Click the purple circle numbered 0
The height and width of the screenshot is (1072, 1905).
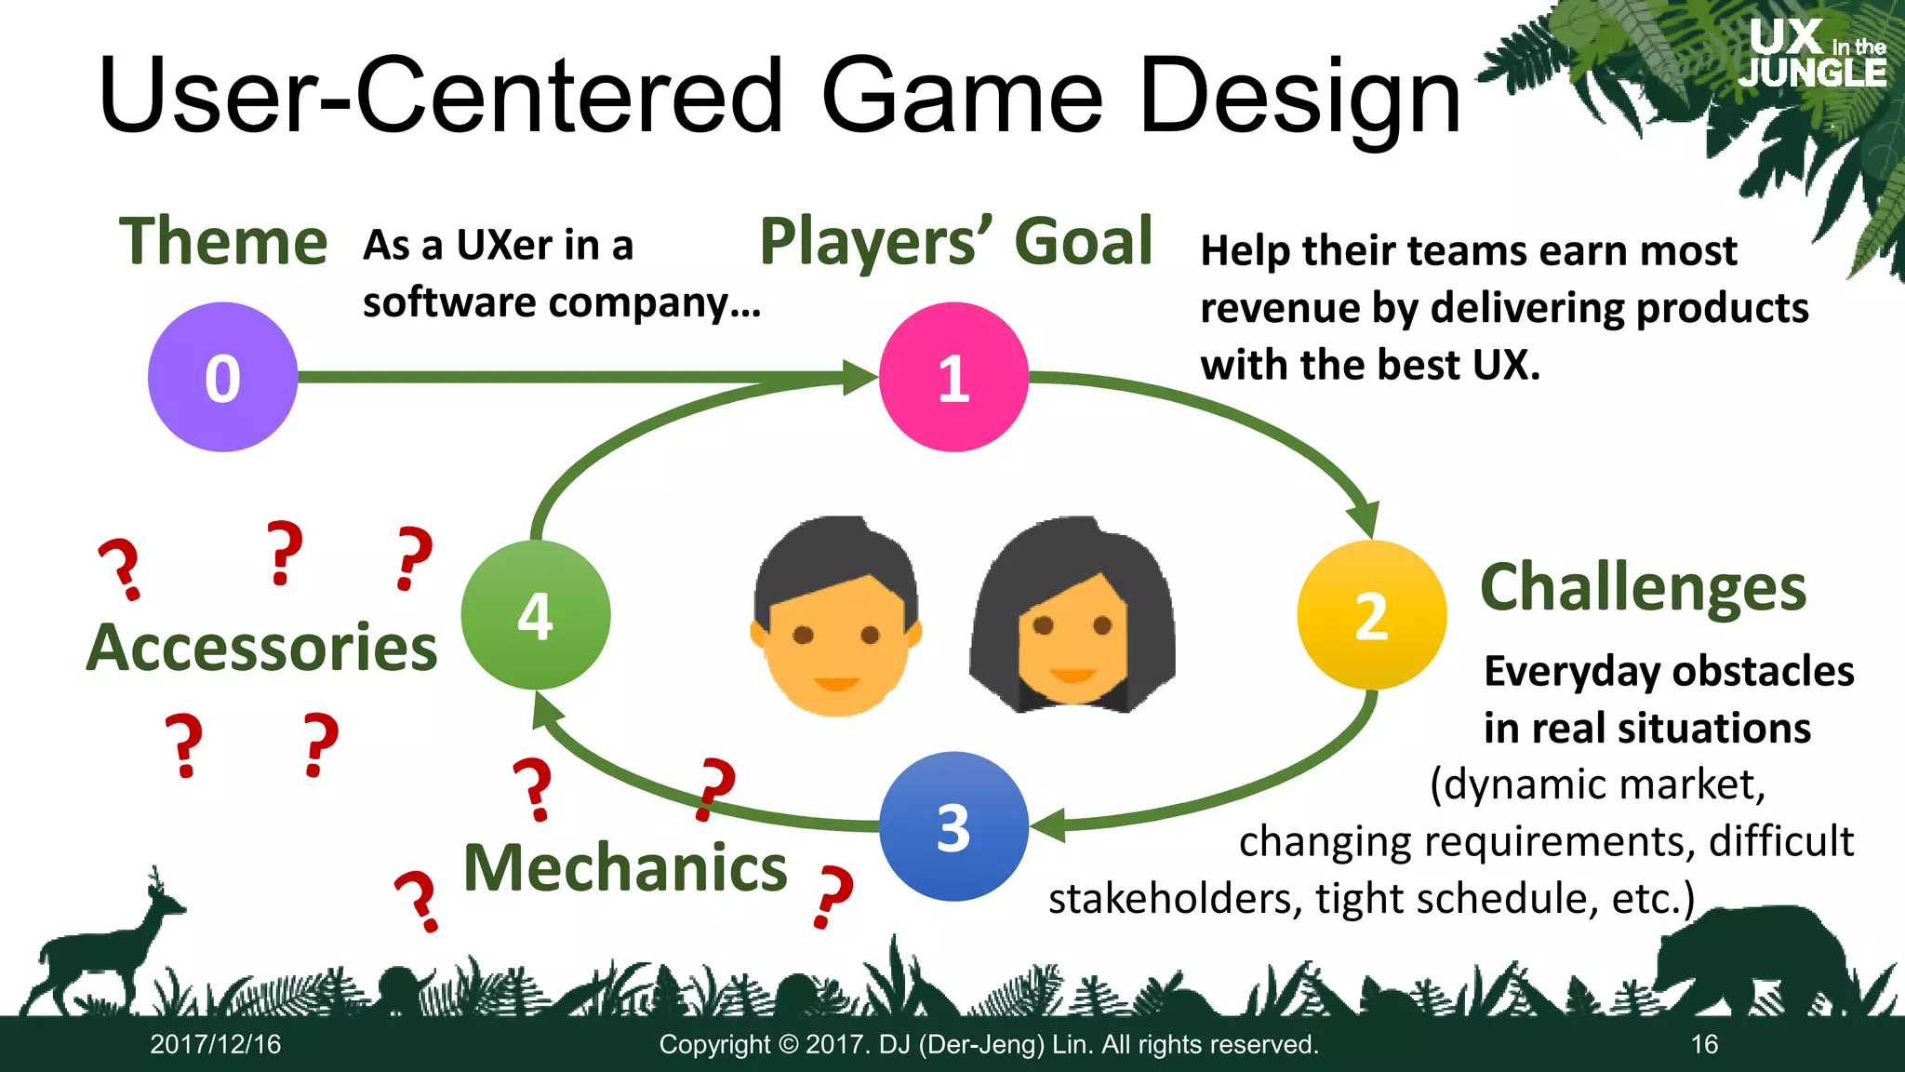point(222,377)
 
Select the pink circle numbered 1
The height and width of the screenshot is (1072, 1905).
point(953,377)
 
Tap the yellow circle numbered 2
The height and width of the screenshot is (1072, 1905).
point(1371,615)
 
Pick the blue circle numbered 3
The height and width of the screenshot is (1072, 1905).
point(953,826)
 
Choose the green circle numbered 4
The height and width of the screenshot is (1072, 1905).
point(536,615)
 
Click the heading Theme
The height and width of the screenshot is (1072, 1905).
point(223,242)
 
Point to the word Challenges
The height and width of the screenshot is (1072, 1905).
point(1643,588)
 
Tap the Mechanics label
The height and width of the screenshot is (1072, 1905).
point(625,868)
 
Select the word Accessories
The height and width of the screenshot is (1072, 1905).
point(262,648)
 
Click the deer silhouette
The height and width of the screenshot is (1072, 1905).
point(102,949)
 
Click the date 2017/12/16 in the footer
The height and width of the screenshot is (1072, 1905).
point(216,1044)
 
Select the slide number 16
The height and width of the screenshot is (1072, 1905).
point(1704,1044)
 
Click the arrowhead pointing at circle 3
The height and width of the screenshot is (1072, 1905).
point(1049,825)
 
